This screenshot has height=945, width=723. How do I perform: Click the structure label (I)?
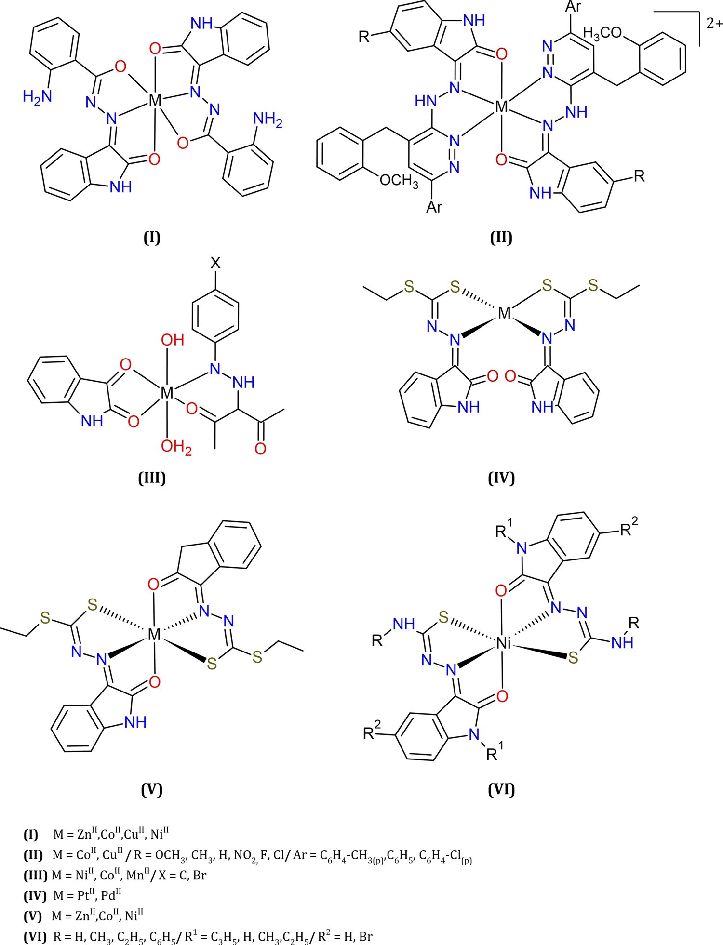tap(152, 238)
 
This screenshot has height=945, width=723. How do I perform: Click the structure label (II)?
tap(501, 238)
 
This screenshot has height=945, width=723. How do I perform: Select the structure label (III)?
tap(152, 478)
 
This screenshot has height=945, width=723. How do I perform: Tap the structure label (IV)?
tap(501, 478)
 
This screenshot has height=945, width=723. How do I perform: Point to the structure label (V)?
tap(152, 789)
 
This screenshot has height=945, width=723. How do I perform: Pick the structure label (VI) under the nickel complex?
tap(501, 789)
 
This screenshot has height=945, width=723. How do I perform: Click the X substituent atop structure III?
tap(215, 263)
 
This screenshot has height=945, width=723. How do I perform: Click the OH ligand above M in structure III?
tap(172, 340)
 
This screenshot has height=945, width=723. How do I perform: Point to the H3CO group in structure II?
tap(602, 33)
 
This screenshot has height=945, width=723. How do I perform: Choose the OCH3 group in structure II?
tap(399, 181)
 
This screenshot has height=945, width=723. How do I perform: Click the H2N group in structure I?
tap(37, 97)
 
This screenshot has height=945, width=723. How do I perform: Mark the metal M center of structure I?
tap(155, 101)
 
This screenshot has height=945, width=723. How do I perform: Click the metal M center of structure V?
tap(154, 635)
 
